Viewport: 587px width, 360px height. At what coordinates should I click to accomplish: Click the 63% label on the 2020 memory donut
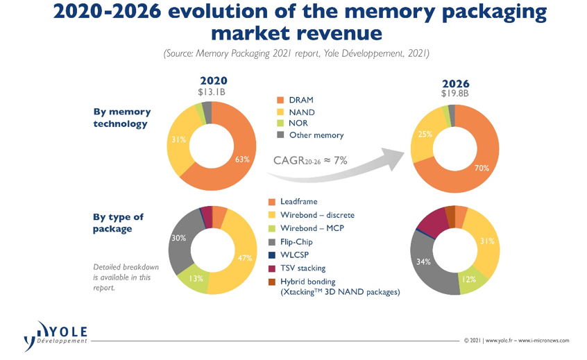(x=241, y=160)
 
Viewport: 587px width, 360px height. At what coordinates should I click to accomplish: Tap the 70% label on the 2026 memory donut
(x=482, y=167)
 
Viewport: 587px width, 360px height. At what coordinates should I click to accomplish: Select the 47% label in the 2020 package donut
(x=244, y=258)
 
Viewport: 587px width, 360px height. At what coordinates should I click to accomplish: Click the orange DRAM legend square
(x=273, y=100)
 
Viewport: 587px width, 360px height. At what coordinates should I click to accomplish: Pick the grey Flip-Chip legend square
(x=273, y=241)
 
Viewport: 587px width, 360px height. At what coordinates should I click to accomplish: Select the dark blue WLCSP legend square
(x=273, y=255)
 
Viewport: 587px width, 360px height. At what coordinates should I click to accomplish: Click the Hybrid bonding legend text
(x=308, y=282)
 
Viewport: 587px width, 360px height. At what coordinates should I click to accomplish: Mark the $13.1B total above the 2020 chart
(x=213, y=92)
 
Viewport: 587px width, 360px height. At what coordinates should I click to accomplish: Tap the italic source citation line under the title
(x=297, y=53)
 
